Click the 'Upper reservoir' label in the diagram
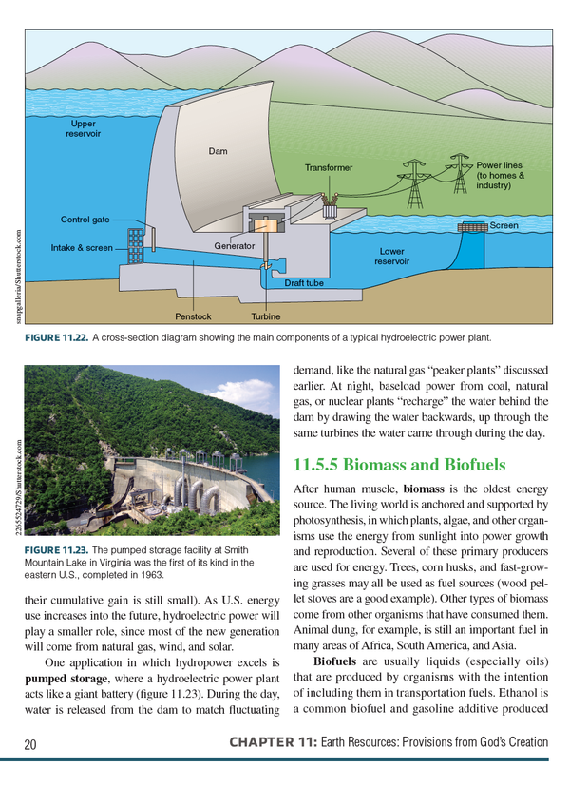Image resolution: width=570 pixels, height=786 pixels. click(84, 129)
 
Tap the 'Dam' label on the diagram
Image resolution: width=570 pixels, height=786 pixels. click(218, 152)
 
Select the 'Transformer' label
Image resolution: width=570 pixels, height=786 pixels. click(329, 167)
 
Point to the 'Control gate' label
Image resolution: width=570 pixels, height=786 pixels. click(85, 220)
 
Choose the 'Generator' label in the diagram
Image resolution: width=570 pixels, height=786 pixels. click(234, 246)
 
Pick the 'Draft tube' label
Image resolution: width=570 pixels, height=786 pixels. click(304, 283)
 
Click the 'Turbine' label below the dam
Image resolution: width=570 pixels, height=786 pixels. click(266, 316)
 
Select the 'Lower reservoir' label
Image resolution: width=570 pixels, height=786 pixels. click(392, 257)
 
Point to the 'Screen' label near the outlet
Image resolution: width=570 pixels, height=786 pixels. click(503, 226)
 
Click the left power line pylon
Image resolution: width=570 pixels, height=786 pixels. click(415, 184)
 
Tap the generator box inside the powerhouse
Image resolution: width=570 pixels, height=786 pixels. click(263, 225)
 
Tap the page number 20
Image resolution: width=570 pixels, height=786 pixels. click(29, 742)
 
